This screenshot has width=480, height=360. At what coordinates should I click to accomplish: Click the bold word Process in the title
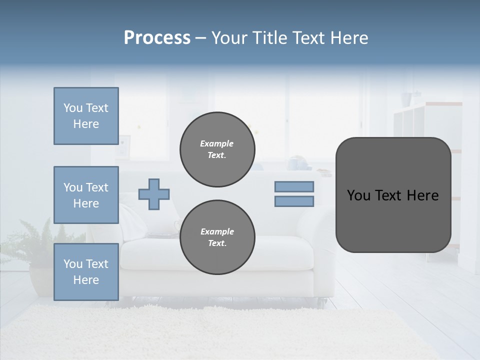pos(157,38)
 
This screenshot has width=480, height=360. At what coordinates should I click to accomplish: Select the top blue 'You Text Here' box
pos(86,116)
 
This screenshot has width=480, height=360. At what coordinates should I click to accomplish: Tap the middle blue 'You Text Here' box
pos(86,195)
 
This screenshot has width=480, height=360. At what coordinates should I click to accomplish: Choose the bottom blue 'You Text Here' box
pos(86,272)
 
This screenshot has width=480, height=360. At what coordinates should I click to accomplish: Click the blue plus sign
pos(154,194)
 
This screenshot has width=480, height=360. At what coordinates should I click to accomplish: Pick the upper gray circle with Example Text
pos(217,149)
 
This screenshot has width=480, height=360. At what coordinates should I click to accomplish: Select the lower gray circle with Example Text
pos(217,237)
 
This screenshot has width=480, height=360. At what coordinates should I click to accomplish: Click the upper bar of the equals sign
pos(294,186)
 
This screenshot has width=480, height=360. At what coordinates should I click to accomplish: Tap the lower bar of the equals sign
pos(294,201)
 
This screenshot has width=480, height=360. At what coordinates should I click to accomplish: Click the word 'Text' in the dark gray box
pos(391,195)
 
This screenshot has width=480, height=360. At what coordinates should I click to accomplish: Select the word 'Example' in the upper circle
pos(217,143)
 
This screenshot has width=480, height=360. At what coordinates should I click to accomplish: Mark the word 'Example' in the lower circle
pos(217,231)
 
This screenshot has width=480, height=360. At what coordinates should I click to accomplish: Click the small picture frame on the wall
pos(123,146)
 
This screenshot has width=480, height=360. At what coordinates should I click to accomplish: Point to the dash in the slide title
pos(201,38)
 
